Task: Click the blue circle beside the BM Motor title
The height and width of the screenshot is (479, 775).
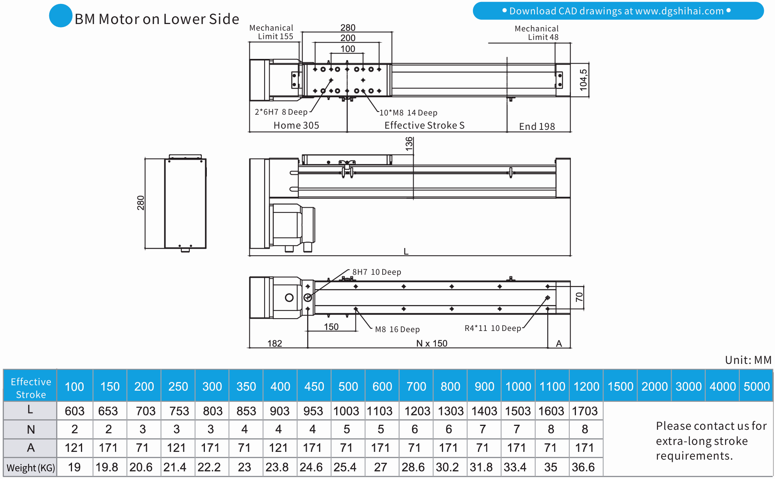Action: tap(61, 16)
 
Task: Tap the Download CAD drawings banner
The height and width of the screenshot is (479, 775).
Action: tap(618, 11)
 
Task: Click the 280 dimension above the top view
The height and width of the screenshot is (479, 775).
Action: tap(348, 28)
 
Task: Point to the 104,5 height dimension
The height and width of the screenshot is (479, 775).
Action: tap(583, 80)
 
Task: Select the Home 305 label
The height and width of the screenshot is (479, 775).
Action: tap(296, 126)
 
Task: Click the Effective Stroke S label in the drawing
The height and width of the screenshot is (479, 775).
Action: tap(424, 126)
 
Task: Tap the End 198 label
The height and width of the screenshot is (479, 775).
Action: tap(537, 127)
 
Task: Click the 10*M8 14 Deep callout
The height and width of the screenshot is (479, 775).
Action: tap(408, 113)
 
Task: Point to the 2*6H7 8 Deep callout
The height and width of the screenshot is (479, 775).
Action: tap(281, 112)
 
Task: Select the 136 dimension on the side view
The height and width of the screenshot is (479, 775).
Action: tap(409, 144)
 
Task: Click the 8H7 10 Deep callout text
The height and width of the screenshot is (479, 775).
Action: tap(376, 272)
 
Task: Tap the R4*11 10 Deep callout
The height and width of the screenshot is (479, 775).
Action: tap(493, 329)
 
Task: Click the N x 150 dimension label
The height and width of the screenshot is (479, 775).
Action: tap(431, 343)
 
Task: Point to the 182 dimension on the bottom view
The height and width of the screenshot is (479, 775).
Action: tap(275, 343)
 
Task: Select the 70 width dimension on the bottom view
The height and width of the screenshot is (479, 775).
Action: tap(579, 297)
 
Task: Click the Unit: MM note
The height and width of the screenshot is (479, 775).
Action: tap(748, 360)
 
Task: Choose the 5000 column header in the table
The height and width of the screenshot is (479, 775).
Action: tap(756, 386)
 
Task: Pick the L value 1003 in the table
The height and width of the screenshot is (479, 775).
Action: tap(347, 411)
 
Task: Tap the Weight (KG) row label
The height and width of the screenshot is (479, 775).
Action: tap(31, 468)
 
